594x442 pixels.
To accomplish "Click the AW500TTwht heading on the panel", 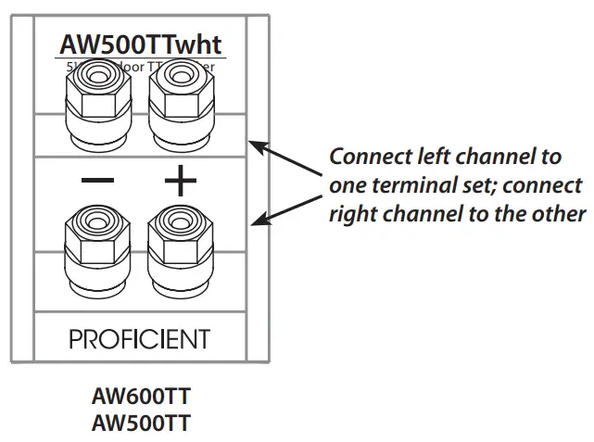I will (141, 44).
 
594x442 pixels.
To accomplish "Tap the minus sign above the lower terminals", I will (97, 181).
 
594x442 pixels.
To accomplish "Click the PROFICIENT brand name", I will (140, 338).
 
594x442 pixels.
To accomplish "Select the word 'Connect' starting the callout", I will (365, 155).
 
